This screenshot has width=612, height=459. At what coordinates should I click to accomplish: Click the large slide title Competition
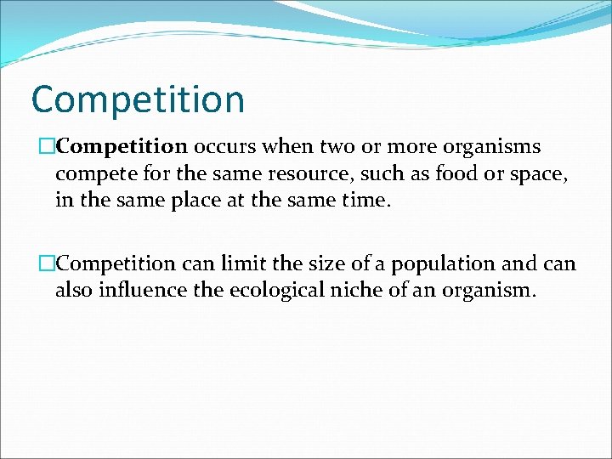138,99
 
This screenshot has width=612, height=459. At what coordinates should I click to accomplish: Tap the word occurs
225,147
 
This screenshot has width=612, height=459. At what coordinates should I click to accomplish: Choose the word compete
93,176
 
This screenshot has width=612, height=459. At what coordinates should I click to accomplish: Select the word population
433,264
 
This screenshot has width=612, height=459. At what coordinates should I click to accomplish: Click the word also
74,292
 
